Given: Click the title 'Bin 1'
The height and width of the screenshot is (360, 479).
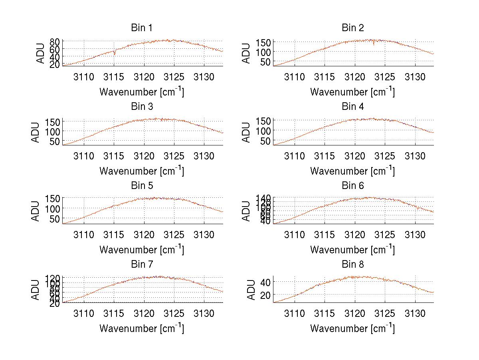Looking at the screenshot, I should (x=142, y=28).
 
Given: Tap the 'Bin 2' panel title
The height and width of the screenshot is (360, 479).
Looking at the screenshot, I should (x=353, y=28).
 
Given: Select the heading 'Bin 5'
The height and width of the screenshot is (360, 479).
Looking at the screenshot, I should (x=142, y=186).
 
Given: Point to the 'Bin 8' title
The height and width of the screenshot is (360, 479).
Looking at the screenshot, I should (x=353, y=265).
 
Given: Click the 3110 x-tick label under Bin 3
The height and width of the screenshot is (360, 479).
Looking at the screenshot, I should (x=84, y=155).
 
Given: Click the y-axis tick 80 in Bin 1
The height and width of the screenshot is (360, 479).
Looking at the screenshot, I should (x=55, y=41).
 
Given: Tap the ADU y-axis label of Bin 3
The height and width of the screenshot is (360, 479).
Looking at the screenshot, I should (x=36, y=132).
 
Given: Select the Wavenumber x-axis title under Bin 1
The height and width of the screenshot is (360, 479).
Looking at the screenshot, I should (x=142, y=91).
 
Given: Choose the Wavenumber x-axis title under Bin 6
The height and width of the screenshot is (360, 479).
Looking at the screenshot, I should (x=353, y=249).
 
